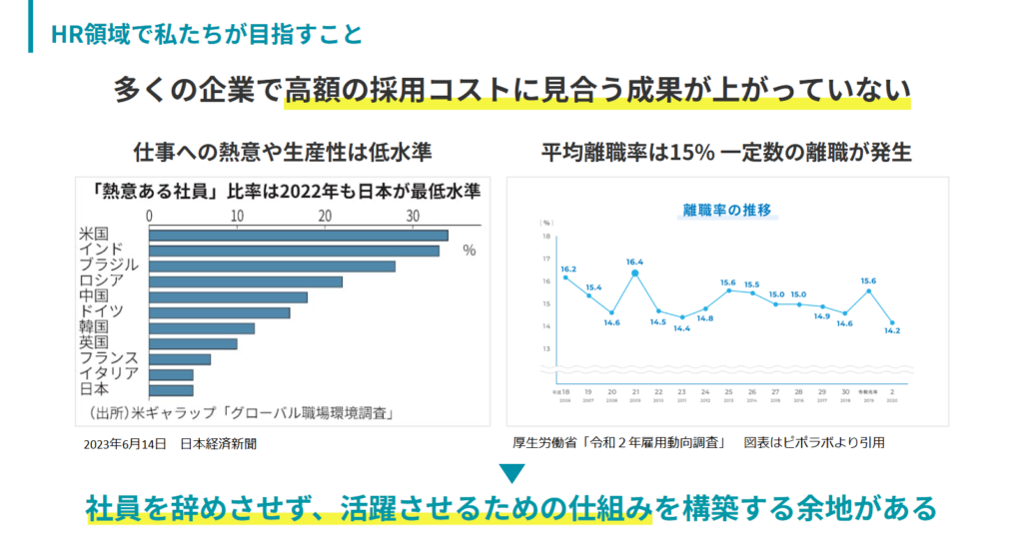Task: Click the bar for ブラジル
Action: [x=272, y=266]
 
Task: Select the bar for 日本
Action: [x=171, y=389]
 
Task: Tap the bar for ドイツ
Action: [x=219, y=312]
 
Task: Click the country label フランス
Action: [x=109, y=358]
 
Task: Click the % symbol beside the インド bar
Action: [x=469, y=251]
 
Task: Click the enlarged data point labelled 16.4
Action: [x=634, y=273]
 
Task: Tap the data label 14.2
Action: [x=892, y=331]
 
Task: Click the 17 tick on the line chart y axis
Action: [x=545, y=260]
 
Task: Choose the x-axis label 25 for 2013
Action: [x=728, y=392]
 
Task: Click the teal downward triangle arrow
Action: [x=511, y=473]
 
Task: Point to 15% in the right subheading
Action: [x=690, y=153]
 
